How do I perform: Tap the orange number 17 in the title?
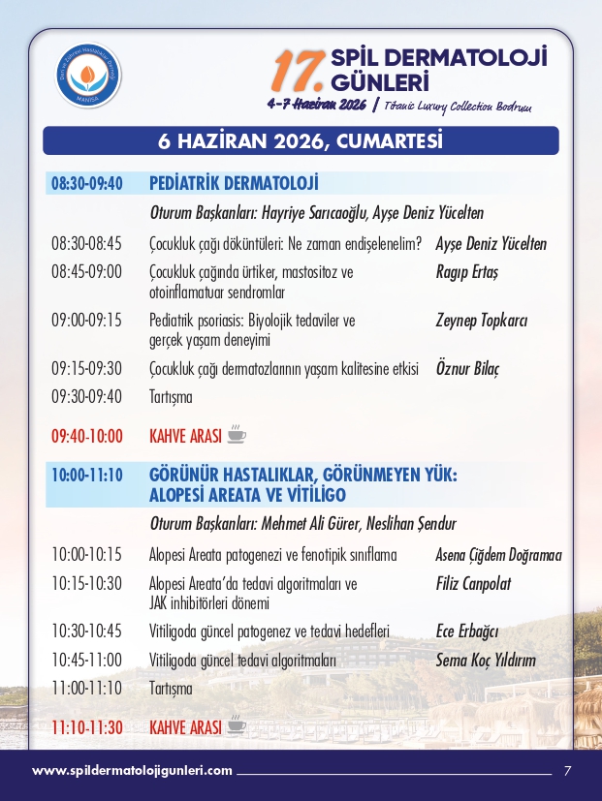[295, 69]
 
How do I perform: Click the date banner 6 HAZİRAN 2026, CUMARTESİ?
[301, 141]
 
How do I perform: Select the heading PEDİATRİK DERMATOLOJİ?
[235, 184]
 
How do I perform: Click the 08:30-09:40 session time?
[87, 184]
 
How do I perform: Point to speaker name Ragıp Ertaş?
[466, 272]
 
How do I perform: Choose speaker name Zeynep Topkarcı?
[482, 321]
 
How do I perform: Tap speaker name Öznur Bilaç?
[468, 369]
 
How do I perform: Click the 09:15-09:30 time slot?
[87, 369]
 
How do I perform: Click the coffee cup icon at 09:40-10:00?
[237, 435]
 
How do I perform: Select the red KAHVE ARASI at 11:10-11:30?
[185, 726]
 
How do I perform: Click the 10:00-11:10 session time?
[87, 476]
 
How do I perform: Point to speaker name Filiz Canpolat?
[474, 584]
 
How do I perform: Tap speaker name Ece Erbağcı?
[467, 632]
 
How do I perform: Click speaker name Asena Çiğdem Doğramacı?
[499, 556]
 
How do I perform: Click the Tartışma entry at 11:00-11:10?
[171, 689]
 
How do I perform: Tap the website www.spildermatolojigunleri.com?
[132, 771]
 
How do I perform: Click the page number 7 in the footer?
[568, 771]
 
